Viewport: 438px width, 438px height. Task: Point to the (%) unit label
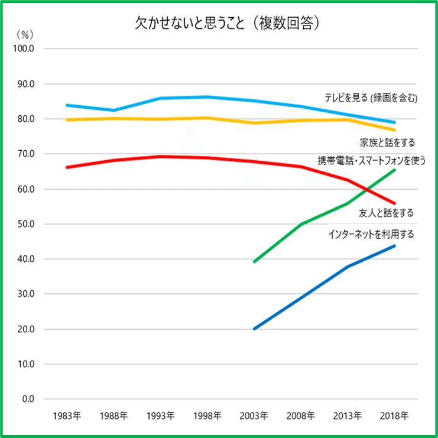coord(26,35)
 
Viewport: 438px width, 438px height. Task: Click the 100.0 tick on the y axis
coord(27,48)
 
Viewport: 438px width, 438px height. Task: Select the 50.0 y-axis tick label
coord(27,224)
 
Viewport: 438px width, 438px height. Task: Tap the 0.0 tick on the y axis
coord(28,399)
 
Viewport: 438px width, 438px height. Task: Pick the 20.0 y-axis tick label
coord(27,329)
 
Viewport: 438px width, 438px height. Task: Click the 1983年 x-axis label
coord(66,415)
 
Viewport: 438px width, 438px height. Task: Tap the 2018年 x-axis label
coord(394,415)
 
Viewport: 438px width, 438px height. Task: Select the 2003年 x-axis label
coord(254,415)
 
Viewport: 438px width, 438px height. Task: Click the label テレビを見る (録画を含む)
coord(371,98)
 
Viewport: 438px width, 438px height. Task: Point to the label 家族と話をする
coord(387,142)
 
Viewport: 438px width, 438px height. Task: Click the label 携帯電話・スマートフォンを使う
coord(371,160)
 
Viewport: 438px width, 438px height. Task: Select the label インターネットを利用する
coord(371,235)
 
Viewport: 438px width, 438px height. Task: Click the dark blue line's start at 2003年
coord(254,329)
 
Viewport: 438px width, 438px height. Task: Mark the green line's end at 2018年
coord(394,170)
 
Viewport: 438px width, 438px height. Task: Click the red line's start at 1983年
coord(67,167)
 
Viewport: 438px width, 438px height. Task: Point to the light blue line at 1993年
coord(160,98)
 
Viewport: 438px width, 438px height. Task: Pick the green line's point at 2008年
coord(301,225)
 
